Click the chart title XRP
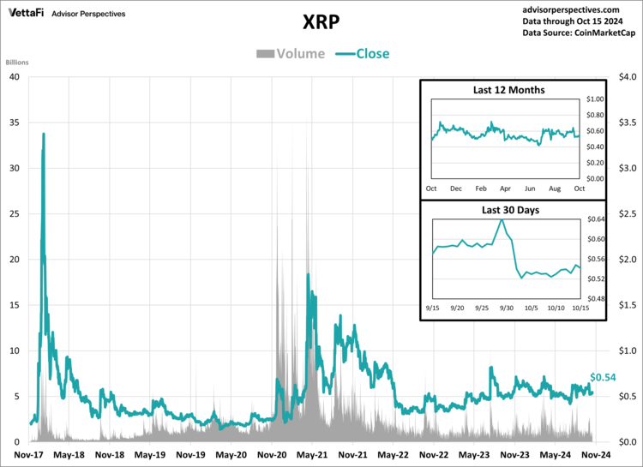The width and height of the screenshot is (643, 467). [321, 21]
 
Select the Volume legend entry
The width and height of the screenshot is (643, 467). [291, 54]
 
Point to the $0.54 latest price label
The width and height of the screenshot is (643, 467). [603, 378]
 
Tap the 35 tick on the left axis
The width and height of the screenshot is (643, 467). [14, 123]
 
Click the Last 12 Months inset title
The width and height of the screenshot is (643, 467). [508, 90]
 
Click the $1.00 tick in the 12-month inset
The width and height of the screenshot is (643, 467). [595, 100]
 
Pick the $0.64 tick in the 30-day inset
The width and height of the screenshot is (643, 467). [595, 219]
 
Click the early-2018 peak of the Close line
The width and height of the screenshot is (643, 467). [44, 134]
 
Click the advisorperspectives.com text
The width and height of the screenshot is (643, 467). [579, 7]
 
